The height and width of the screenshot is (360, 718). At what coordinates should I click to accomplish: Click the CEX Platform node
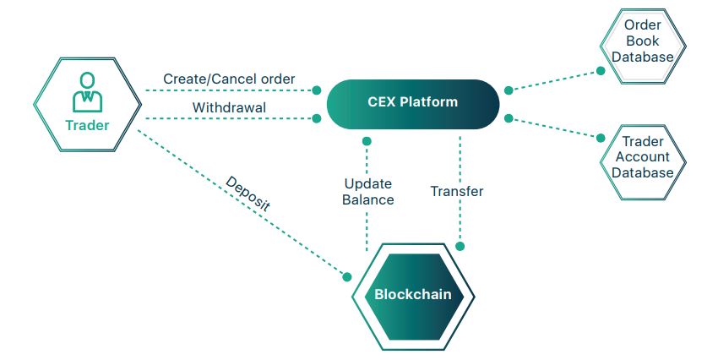412,103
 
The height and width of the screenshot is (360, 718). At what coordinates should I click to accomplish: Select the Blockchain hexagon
413,295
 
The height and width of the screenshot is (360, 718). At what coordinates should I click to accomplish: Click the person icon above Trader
85,92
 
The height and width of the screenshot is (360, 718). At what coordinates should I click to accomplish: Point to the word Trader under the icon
85,127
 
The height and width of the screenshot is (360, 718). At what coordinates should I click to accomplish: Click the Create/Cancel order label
229,79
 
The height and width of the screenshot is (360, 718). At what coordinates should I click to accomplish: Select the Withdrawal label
229,108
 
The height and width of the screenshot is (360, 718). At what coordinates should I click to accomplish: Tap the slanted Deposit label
247,194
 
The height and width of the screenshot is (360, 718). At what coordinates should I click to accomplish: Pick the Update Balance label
368,192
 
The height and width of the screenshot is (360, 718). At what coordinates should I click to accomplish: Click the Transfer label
457,192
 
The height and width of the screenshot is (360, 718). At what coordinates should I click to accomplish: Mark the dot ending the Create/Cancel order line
317,90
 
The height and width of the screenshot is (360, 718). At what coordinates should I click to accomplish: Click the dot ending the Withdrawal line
317,118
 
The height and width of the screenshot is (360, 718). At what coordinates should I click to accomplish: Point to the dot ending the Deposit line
345,275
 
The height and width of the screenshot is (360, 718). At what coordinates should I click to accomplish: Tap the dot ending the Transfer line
460,246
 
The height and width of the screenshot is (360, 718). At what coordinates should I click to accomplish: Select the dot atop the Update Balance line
367,141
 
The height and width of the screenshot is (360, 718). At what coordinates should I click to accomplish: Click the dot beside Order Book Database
601,71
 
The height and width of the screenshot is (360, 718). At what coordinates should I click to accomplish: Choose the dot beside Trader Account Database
601,137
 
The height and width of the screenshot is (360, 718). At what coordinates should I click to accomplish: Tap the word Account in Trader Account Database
643,157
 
